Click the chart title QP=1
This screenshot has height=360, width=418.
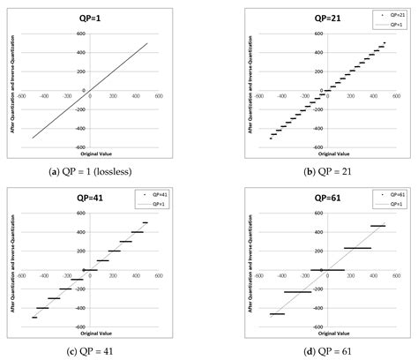[x=90, y=18]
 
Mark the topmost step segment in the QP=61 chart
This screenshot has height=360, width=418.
[x=377, y=226]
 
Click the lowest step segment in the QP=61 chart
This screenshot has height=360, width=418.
[x=277, y=313]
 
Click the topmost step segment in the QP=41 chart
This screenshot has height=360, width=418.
[x=145, y=222]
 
